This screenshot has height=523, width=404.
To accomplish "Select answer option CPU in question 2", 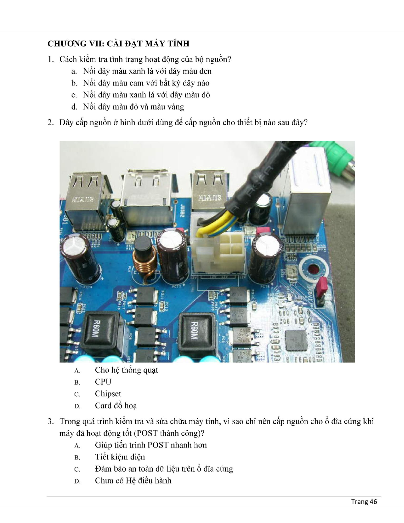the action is tap(103, 382).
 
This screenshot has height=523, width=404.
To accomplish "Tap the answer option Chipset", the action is tap(108, 394).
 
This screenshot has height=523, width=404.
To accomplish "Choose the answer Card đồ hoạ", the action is tap(116, 406).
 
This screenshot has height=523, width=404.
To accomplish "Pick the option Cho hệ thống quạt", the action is tap(127, 370).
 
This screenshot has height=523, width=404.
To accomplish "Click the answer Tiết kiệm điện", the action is tap(120, 457).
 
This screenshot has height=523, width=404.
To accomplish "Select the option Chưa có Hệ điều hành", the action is tap(133, 481).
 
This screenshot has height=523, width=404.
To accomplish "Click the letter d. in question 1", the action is tap(74, 107).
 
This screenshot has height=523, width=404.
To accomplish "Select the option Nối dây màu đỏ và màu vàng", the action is tap(134, 107).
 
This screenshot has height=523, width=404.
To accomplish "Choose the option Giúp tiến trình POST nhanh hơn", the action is tap(151, 445).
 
